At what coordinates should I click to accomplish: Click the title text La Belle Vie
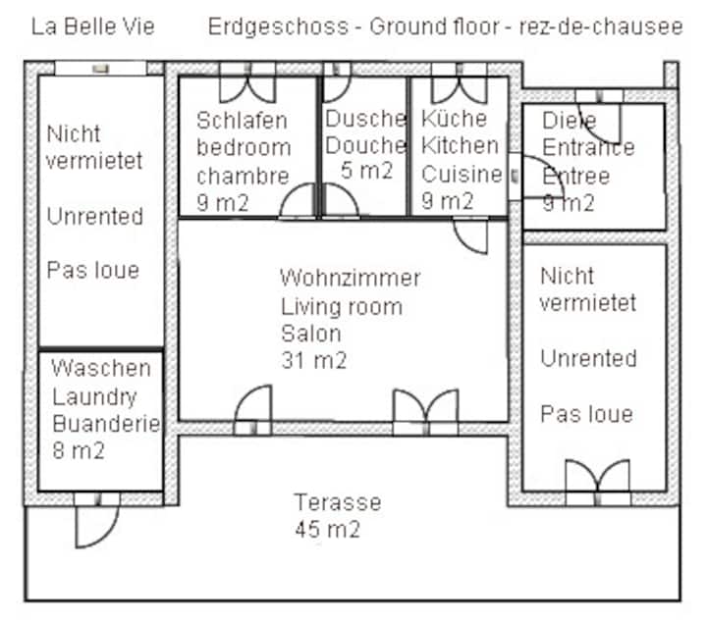point(93,26)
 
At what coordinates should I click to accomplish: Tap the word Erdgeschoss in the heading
point(278,27)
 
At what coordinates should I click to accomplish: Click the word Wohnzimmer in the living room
point(351,278)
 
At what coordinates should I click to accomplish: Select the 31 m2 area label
point(314,360)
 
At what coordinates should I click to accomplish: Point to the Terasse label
point(338,502)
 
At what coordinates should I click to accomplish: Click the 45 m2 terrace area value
point(328,529)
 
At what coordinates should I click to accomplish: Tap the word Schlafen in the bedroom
point(243,121)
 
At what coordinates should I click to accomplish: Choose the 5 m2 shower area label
point(367,171)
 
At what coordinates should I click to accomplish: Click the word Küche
point(455,119)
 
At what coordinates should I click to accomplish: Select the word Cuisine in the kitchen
point(462,175)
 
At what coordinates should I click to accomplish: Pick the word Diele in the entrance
point(569,121)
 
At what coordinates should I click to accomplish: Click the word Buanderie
point(106,424)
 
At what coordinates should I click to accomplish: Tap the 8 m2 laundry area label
point(79,450)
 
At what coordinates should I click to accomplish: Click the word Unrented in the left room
point(95,216)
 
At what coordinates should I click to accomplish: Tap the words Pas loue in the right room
point(586,414)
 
